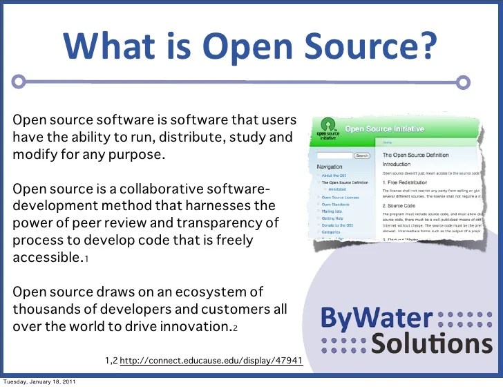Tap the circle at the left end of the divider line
21,82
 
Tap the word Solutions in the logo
429,343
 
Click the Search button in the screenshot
362,156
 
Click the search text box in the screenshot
334,156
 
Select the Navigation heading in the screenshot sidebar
330,167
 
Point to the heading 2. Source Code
402,205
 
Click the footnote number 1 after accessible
86,259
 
